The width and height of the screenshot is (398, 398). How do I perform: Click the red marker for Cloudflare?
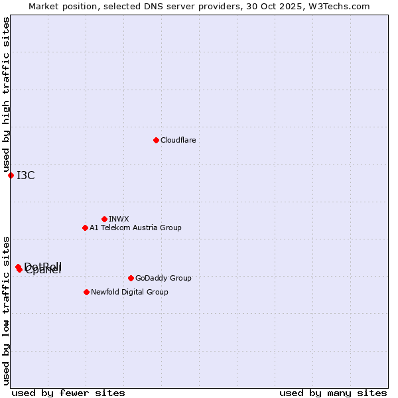click(156, 140)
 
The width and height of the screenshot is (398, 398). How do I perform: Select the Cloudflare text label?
click(178, 140)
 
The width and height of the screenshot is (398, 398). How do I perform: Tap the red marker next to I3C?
click(11, 175)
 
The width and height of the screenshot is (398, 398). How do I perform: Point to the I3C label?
click(26, 175)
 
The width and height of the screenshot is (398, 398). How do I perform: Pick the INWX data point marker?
click(104, 219)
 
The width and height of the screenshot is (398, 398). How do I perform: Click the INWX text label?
click(119, 219)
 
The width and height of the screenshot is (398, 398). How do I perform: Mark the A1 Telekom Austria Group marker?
click(85, 228)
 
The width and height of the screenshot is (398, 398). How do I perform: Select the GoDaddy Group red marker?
click(131, 278)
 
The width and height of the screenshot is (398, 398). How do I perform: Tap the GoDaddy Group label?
click(163, 278)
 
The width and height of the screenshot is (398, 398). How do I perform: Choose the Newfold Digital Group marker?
click(86, 292)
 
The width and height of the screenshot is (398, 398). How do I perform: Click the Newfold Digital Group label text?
click(129, 292)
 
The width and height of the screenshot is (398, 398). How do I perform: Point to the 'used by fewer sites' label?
click(68, 393)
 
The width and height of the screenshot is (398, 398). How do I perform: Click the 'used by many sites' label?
click(333, 393)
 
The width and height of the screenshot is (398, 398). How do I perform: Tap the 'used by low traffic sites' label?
click(6, 310)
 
